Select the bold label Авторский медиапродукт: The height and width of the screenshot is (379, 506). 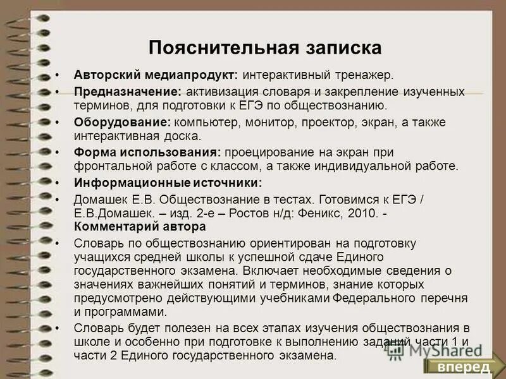(x=156, y=75)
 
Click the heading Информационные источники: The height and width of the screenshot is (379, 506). (x=168, y=183)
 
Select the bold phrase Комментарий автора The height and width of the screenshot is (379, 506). (x=140, y=226)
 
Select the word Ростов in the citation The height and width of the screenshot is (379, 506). (x=267, y=213)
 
